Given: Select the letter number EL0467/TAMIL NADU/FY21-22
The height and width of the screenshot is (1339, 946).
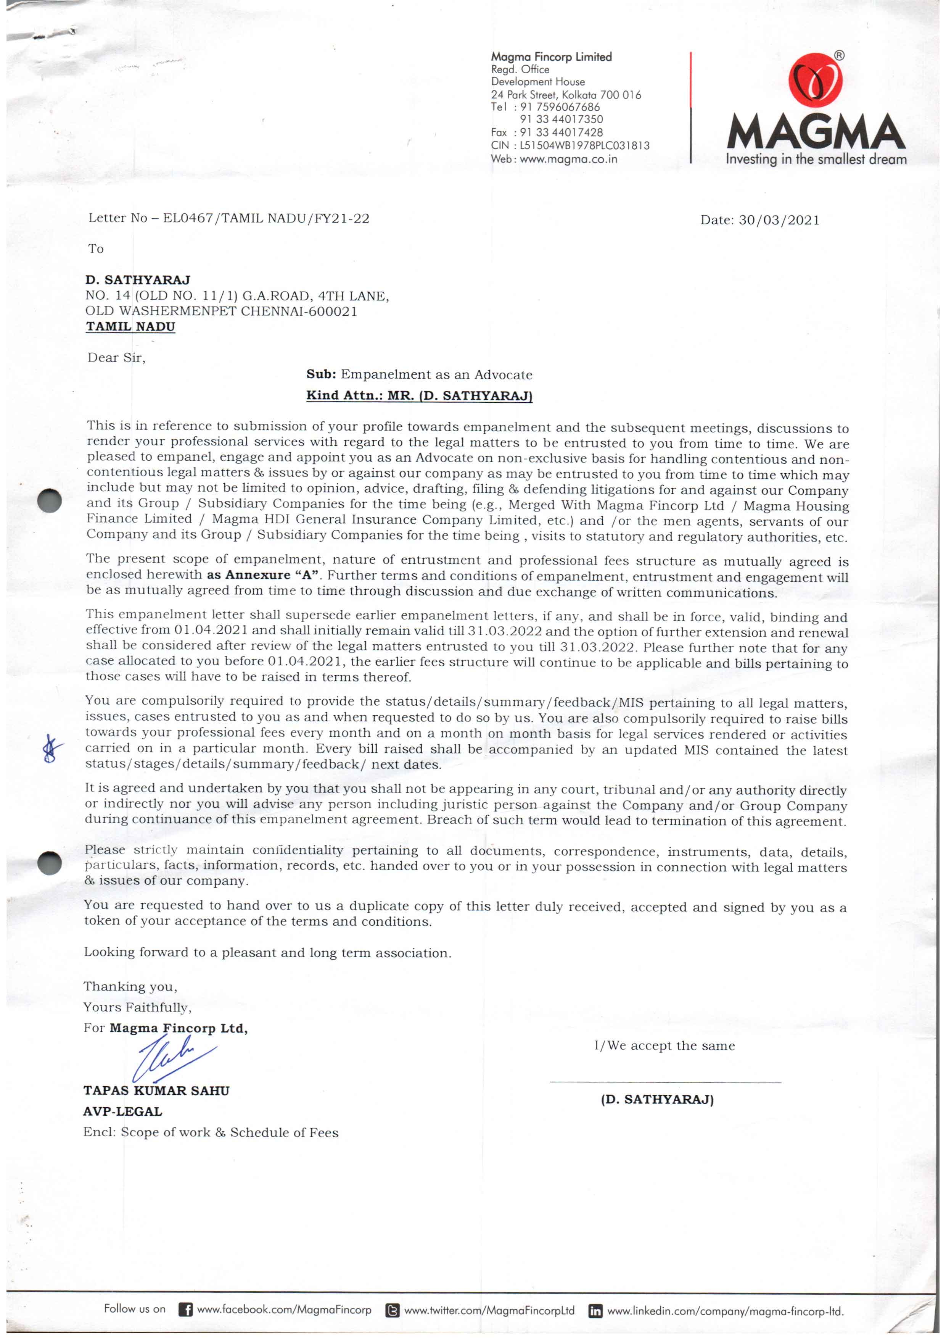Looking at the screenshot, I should (x=266, y=218).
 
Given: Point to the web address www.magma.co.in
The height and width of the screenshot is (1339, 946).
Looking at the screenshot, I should (x=568, y=159).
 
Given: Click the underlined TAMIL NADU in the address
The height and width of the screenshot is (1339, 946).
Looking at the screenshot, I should (x=130, y=327).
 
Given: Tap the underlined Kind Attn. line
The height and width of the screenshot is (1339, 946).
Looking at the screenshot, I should (x=419, y=395).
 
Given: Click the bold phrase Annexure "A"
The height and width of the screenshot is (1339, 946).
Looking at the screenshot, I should (x=272, y=575).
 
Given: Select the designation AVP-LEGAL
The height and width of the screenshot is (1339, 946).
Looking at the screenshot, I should (x=122, y=1111).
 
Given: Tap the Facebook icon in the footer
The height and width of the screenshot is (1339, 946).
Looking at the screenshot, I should (x=185, y=1310).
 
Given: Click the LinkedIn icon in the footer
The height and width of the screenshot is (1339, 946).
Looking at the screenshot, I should (x=595, y=1311).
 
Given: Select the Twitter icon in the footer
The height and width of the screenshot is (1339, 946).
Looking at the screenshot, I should (x=393, y=1310).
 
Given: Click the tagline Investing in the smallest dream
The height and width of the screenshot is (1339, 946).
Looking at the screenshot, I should (x=816, y=159).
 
